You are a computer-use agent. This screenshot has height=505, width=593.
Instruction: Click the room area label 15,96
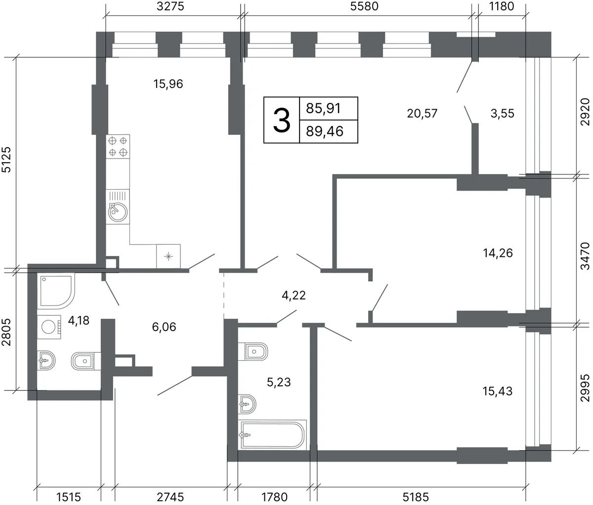(x=168, y=84)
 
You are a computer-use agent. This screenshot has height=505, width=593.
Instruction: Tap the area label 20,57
(x=422, y=114)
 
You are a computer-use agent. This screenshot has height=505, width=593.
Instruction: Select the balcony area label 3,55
(x=503, y=114)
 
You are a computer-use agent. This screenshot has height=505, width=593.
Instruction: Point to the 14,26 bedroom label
(x=498, y=253)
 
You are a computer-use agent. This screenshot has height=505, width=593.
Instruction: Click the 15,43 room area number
(x=498, y=391)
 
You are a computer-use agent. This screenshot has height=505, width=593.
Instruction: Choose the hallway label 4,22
(x=294, y=295)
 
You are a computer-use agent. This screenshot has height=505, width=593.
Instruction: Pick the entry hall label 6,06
(x=164, y=327)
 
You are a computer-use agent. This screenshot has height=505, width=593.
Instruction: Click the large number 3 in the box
(x=282, y=120)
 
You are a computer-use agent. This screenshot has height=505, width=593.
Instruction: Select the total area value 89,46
(x=325, y=131)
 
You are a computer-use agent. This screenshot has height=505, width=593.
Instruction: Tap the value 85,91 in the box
(x=323, y=108)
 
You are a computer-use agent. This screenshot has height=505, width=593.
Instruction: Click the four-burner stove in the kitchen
(x=118, y=146)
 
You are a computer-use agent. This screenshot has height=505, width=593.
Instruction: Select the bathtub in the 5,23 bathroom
(x=272, y=435)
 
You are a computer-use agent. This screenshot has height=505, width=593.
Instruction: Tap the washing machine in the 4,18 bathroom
(x=49, y=327)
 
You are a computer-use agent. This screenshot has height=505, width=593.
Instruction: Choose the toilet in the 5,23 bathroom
(x=253, y=351)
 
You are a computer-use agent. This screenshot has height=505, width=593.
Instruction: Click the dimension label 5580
(x=364, y=6)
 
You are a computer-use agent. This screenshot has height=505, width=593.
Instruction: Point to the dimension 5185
(x=416, y=497)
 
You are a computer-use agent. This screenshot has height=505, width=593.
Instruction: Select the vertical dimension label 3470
(x=585, y=255)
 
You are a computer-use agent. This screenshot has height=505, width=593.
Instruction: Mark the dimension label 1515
(x=69, y=497)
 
